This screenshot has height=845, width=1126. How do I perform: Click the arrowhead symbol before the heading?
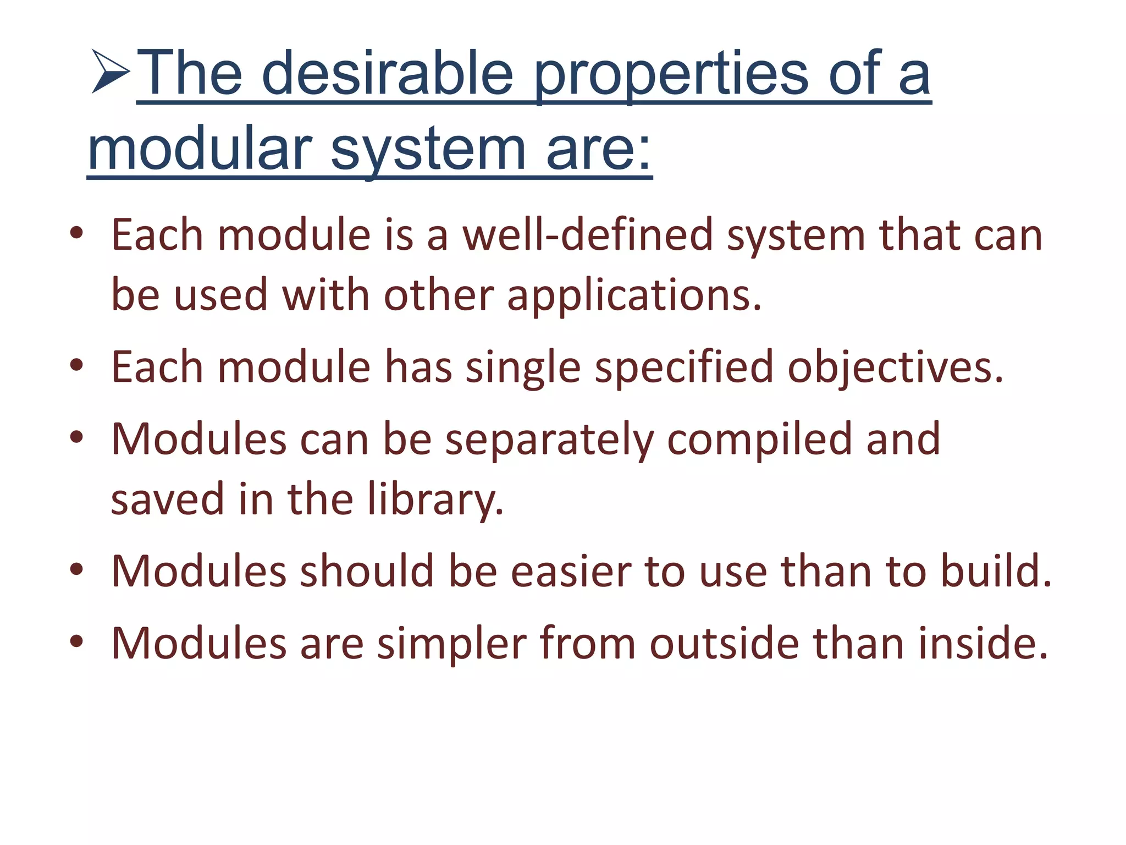(x=111, y=72)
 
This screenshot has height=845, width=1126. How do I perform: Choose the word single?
(x=523, y=367)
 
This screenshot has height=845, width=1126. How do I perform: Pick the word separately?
(x=549, y=440)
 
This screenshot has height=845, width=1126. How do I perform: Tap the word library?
(x=435, y=500)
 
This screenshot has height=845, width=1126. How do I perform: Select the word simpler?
(x=451, y=643)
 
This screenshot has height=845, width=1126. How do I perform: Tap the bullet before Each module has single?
(x=76, y=365)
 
